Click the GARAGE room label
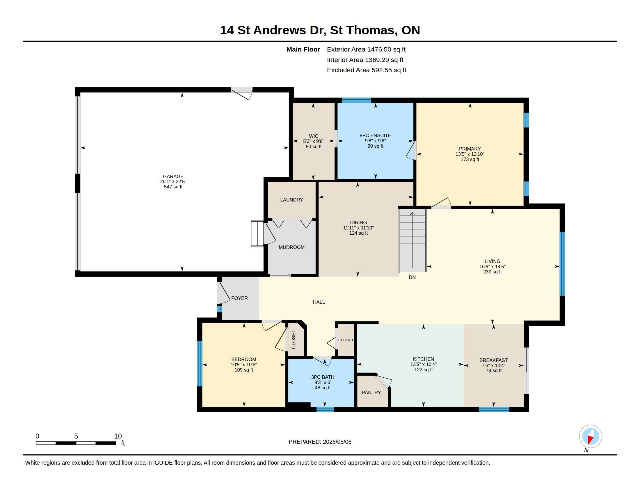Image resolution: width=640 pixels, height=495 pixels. (173, 176)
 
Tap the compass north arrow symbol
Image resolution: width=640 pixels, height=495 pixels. (591, 436)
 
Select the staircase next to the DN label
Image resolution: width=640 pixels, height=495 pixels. (413, 240)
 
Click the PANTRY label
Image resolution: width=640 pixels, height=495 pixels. (371, 393)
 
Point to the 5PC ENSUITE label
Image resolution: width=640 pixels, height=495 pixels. (375, 135)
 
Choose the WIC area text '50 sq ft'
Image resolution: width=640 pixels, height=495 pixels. (314, 147)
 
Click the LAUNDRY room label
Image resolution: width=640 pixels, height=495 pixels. (291, 200)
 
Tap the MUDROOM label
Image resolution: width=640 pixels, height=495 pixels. (291, 248)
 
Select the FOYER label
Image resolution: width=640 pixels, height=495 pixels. (239, 298)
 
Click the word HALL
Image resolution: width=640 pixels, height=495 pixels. (319, 302)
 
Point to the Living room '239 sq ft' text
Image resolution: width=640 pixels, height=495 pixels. (492, 272)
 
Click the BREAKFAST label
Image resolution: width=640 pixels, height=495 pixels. (493, 360)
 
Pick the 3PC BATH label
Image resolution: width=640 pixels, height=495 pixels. (323, 377)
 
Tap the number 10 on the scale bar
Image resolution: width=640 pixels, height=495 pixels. (118, 436)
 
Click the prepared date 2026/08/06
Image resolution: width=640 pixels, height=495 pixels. (337, 442)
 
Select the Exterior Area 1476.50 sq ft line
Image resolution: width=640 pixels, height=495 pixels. (366, 49)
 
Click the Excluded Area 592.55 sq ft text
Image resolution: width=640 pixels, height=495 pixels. (367, 70)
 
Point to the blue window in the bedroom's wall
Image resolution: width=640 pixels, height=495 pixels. (200, 364)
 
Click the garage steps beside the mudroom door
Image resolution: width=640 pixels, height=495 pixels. (257, 234)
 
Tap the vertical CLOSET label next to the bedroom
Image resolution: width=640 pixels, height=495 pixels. (294, 340)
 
